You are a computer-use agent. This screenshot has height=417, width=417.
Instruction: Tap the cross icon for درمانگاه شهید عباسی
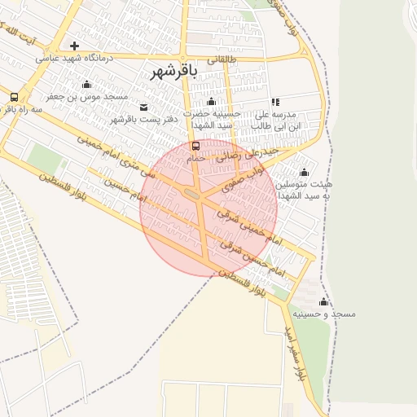[x=75, y=46]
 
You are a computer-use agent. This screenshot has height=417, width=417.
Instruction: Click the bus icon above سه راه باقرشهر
[x=14, y=96]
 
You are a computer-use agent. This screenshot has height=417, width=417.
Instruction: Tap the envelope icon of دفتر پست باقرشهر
[x=144, y=107]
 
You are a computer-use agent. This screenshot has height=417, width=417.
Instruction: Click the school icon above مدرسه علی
[x=275, y=102]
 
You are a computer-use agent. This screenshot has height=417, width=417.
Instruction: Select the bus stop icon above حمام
[x=195, y=146]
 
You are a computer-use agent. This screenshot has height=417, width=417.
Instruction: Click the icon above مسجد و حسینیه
[x=323, y=301]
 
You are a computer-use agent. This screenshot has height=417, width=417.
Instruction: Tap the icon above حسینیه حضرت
[x=212, y=101]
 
